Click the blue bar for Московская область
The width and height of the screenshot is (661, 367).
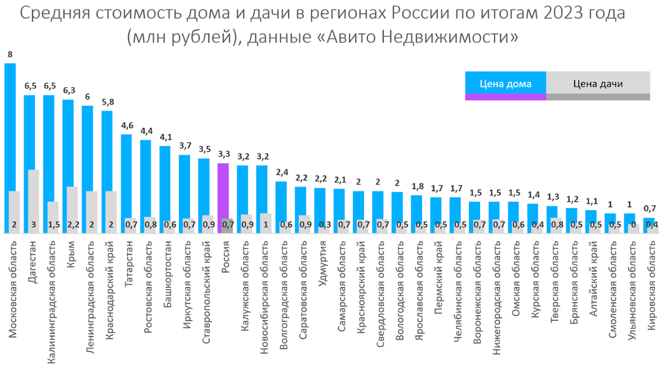[10, 124]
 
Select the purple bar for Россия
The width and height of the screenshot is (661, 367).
[223, 190]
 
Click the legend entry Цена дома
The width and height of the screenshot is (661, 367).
[506, 84]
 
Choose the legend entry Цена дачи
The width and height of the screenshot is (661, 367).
[597, 84]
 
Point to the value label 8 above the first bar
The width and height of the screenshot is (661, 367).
[10, 54]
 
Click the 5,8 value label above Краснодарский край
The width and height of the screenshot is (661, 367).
[107, 102]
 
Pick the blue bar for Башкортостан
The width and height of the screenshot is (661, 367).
[165, 180]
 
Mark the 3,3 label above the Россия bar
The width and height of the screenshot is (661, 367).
[223, 155]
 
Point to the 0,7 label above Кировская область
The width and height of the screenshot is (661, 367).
[649, 208]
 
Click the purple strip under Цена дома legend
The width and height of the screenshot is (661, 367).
[506, 97]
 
